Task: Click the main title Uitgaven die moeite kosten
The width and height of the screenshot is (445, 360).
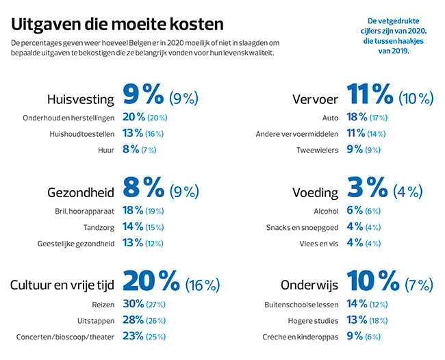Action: tap(117, 25)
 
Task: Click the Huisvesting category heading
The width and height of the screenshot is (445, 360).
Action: tap(80, 99)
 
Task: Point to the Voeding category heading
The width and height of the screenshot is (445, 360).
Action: tap(316, 192)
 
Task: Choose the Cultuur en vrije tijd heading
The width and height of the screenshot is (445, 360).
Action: tap(62, 285)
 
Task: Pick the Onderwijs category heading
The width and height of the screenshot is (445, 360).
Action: tap(309, 285)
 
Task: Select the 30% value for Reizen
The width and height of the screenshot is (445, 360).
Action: tap(133, 303)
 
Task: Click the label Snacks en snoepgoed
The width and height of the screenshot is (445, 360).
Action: tap(302, 227)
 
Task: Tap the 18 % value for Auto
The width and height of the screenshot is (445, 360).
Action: tap(358, 117)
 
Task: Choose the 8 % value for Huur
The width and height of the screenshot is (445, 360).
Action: tap(130, 150)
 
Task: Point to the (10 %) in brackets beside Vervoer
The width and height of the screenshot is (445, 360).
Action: tap(418, 98)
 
